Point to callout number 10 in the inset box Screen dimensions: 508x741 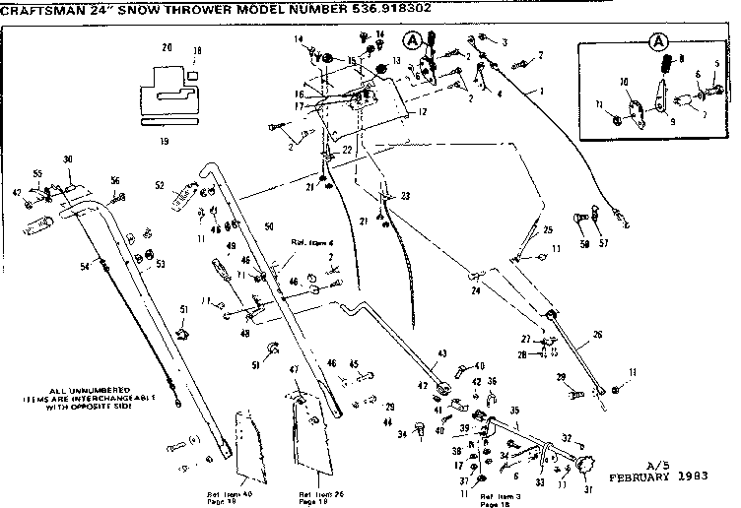pyautogui.click(x=623, y=81)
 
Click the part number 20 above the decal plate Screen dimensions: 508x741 pyautogui.click(x=166, y=47)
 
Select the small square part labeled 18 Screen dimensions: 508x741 pyautogui.click(x=194, y=74)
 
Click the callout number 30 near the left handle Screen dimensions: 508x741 pyautogui.click(x=68, y=159)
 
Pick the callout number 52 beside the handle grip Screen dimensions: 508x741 pyautogui.click(x=159, y=185)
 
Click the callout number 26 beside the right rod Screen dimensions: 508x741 pyautogui.click(x=596, y=335)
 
